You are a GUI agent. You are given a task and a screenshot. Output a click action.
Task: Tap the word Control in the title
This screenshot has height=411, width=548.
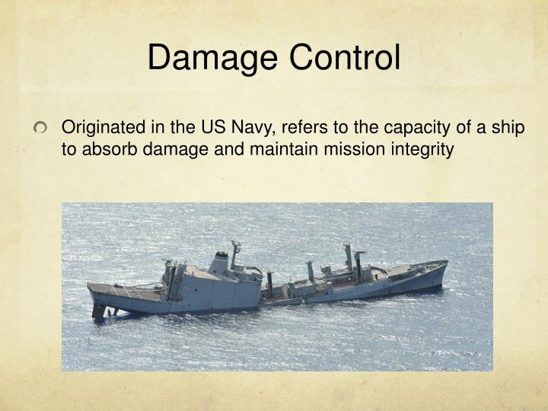(x=345, y=57)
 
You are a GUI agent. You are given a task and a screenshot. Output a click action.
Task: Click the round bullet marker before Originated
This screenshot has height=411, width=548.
(x=40, y=128)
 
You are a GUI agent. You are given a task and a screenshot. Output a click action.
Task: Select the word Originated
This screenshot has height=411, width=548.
(x=104, y=128)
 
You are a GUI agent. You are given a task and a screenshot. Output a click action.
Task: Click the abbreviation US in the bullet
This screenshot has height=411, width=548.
(x=212, y=127)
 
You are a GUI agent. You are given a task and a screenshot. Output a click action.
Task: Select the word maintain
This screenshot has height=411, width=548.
(x=283, y=150)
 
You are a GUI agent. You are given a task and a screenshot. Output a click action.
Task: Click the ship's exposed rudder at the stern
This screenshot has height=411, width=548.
(x=98, y=311)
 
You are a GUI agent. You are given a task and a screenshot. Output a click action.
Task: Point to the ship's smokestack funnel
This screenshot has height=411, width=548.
(x=218, y=263)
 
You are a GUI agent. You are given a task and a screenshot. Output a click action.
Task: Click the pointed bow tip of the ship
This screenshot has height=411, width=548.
(x=446, y=262)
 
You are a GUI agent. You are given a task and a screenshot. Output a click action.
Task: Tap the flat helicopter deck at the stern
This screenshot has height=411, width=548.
(x=125, y=291)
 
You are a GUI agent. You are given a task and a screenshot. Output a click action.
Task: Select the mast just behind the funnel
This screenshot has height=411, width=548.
(x=235, y=253)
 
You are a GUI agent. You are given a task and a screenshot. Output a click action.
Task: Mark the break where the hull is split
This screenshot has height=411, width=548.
(x=263, y=295)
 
